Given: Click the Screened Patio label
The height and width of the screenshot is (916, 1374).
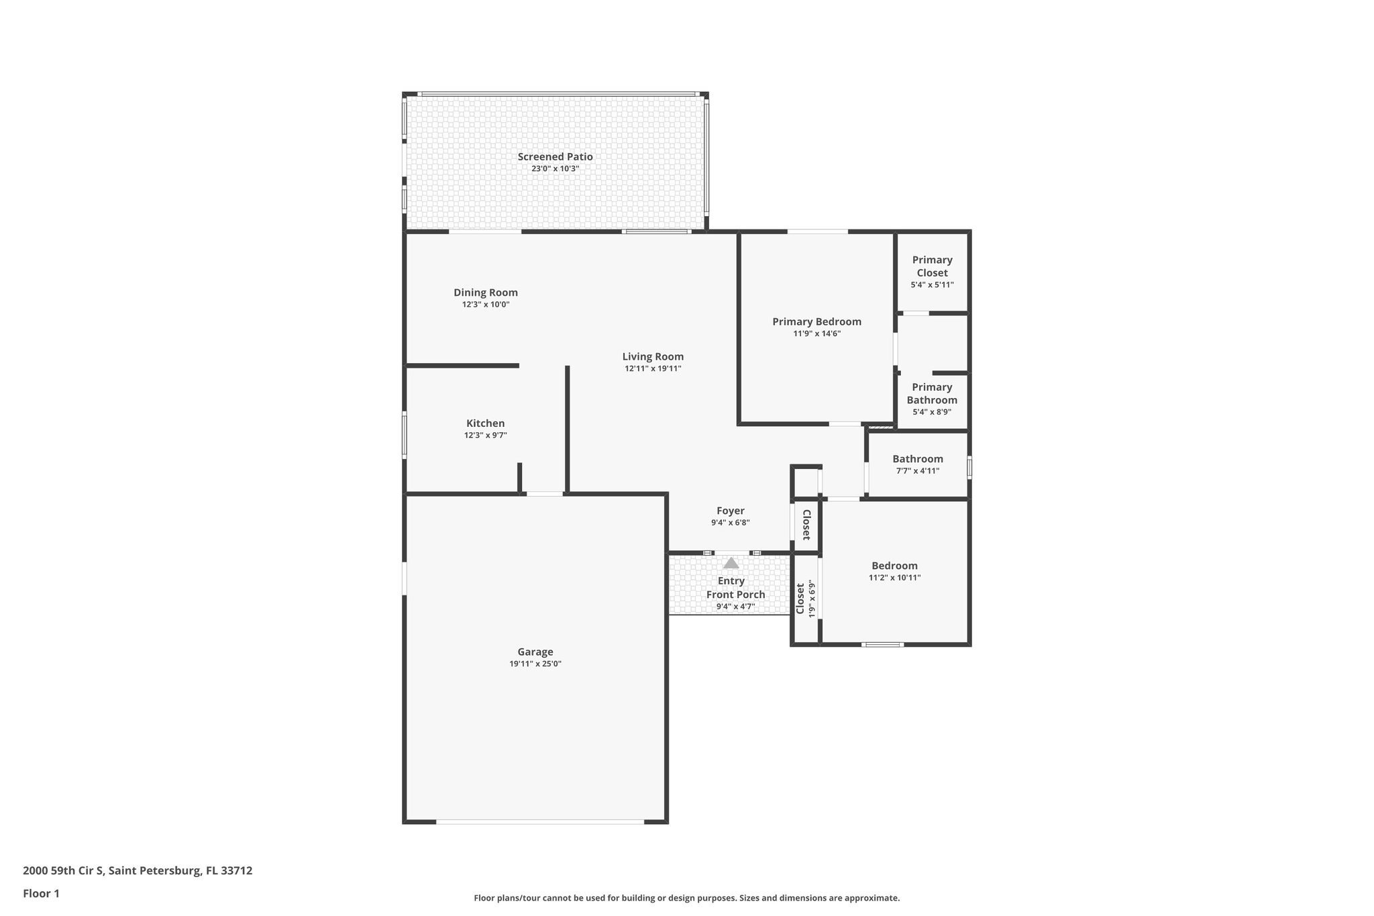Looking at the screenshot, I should (555, 156).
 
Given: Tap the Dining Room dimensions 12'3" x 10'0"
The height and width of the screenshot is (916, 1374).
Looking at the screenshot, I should (486, 305).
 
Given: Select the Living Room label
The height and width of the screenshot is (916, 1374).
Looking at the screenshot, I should (653, 356).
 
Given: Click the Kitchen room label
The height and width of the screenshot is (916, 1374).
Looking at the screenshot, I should (485, 423).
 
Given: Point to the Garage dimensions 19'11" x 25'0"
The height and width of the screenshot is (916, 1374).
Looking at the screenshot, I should (535, 664).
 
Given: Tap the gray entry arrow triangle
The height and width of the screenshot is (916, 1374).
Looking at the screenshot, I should (731, 563).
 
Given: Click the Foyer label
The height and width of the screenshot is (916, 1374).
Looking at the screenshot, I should (730, 511).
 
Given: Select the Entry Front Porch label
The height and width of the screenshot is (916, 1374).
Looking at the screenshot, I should (735, 588).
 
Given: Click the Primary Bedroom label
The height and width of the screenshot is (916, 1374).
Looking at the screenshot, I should (816, 321).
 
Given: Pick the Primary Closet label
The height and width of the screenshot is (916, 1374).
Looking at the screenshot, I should (932, 266).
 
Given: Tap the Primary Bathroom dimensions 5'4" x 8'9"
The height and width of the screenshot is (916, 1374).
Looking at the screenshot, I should (932, 412).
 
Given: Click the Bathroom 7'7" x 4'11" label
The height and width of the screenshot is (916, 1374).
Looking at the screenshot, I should (917, 459).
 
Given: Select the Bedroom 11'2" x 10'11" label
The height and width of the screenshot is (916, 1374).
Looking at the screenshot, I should (894, 566).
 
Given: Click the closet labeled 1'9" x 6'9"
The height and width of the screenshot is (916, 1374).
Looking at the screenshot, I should (805, 599).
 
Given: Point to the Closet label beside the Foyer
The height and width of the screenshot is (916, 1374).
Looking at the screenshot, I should (806, 525).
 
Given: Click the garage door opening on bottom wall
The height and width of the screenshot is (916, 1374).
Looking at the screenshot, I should (540, 821).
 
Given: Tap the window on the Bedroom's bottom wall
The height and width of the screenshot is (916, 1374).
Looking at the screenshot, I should (883, 644).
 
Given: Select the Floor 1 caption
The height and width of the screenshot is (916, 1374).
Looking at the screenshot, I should (41, 893).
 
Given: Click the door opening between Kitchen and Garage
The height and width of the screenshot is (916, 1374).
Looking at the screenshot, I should (544, 494).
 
